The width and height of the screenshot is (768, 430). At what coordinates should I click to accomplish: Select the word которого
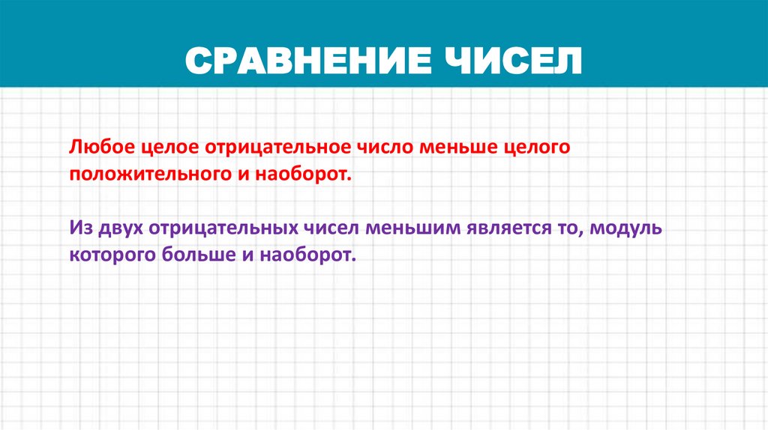click(x=112, y=255)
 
